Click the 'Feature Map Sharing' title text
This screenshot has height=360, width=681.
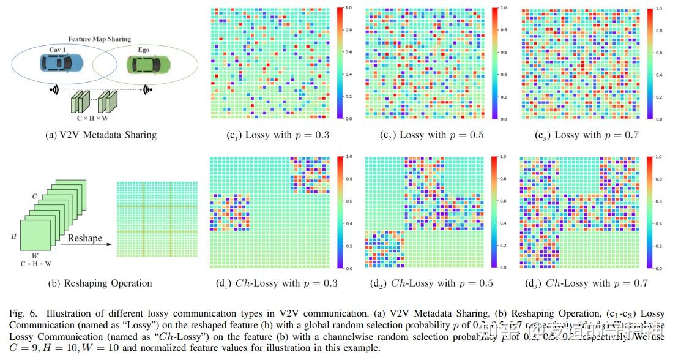[x=99, y=39]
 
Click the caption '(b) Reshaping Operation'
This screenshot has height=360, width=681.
[x=100, y=283]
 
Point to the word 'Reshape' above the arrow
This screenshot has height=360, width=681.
[x=85, y=238]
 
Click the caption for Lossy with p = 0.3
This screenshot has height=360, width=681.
[x=277, y=135]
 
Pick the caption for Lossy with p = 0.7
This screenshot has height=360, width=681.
[x=586, y=135]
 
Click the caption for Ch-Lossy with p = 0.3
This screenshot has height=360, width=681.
[x=277, y=283]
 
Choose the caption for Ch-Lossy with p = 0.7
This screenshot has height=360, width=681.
[x=586, y=283]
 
